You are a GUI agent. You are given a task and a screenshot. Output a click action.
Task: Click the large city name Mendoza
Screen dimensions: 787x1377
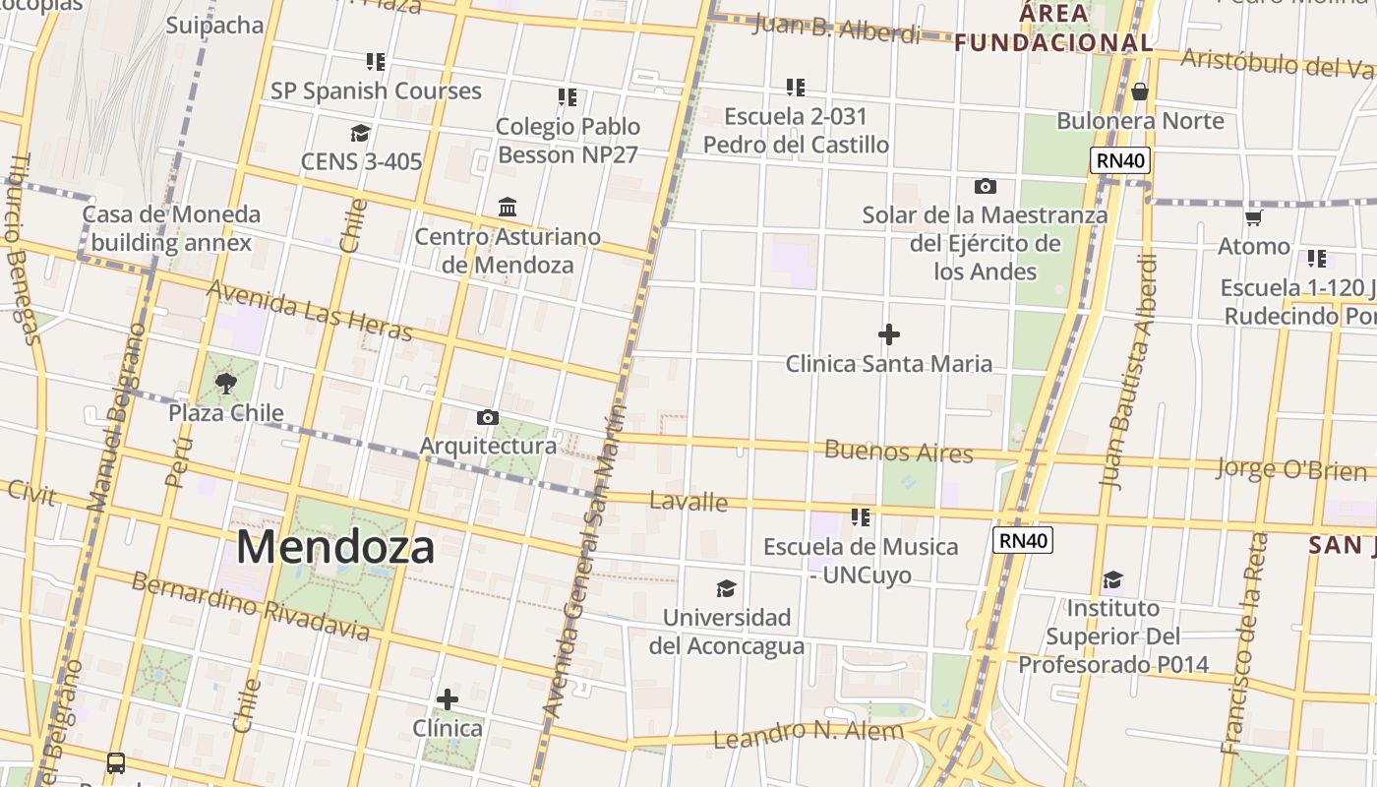(x=334, y=547)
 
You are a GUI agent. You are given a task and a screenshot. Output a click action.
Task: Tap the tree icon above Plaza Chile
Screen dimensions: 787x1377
(x=226, y=384)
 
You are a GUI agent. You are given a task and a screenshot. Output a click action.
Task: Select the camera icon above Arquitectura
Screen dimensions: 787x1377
(x=487, y=418)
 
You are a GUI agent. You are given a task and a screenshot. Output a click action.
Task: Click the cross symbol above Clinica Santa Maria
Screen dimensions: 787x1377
(x=888, y=334)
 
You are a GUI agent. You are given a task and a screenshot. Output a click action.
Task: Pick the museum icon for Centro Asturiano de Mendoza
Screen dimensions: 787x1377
(x=508, y=208)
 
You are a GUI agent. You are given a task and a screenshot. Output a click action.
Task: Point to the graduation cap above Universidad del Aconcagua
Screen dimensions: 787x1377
(x=726, y=588)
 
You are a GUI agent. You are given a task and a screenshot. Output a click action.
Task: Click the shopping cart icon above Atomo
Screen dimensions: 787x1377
(x=1253, y=217)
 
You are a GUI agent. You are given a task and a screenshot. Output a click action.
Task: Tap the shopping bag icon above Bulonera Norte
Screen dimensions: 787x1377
(x=1140, y=91)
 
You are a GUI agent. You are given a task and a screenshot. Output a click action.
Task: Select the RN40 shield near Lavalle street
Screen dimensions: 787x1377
(x=1023, y=540)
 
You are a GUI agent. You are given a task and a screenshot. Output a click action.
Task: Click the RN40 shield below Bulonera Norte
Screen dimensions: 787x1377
(x=1120, y=160)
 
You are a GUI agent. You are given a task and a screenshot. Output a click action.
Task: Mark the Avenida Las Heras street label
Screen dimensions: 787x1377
(x=310, y=310)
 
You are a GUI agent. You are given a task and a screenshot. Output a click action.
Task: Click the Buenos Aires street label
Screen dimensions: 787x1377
(x=898, y=453)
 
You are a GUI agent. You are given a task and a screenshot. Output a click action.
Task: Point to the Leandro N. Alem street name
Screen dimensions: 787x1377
(x=808, y=734)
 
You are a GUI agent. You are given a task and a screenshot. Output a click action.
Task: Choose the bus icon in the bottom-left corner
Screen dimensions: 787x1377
(x=115, y=762)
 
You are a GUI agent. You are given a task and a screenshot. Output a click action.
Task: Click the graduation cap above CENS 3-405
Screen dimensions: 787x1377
(x=360, y=133)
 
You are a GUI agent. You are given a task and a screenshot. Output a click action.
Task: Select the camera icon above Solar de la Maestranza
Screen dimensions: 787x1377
(x=985, y=186)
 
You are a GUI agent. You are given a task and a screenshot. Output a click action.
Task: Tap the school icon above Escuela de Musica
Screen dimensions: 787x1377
(x=861, y=516)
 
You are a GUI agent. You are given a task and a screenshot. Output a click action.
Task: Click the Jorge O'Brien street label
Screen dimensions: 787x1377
(x=1290, y=469)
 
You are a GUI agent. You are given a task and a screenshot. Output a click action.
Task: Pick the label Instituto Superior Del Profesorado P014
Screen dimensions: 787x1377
(x=1112, y=636)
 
